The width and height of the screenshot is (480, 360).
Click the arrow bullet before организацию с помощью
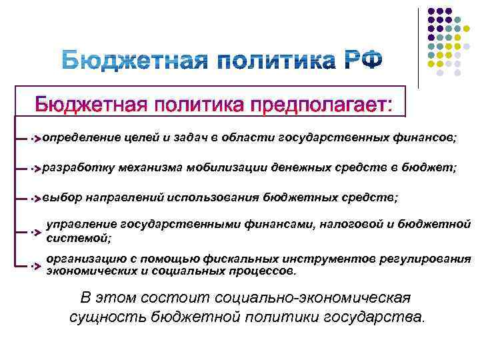click(36, 265)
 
